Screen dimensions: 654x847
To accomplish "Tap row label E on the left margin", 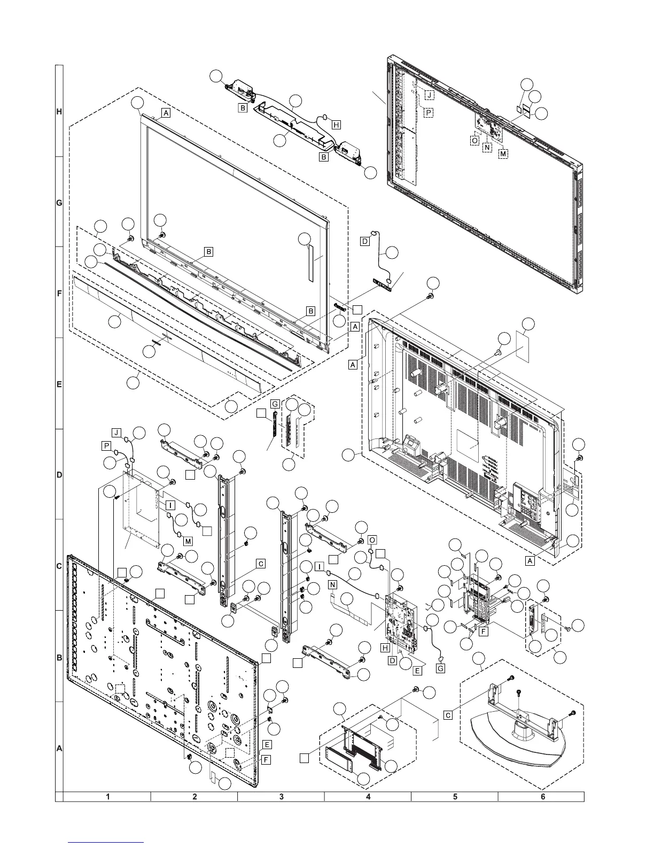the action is pos(59,384).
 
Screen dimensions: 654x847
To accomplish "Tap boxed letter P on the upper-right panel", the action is pos(429,112).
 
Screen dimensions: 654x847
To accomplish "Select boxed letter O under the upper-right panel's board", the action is pos(474,140).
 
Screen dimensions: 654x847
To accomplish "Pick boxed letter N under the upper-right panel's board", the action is pos(487,147).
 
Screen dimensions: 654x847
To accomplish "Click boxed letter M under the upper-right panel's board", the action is pos(503,154).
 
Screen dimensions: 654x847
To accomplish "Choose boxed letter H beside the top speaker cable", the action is pos(336,125).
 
